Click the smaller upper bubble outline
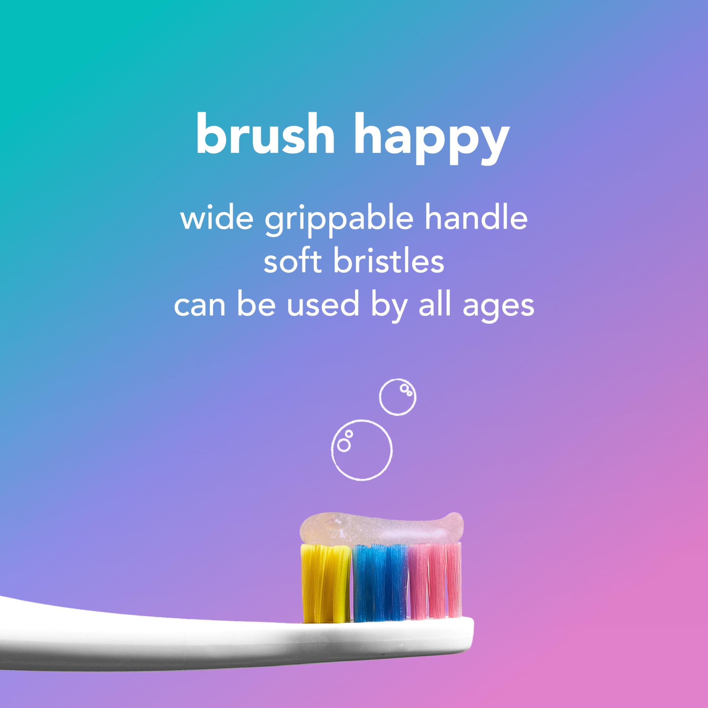pos(398,397)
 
